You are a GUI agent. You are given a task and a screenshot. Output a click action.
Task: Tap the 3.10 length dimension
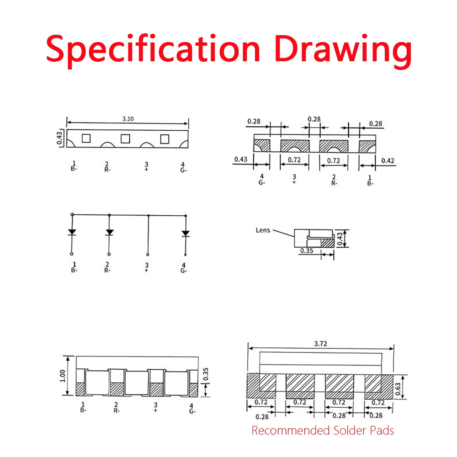[128, 119]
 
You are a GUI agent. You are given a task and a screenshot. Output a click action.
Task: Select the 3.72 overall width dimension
[321, 344]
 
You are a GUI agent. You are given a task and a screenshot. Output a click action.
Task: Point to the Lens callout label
[263, 230]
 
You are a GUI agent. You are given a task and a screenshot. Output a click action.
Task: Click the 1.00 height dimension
[62, 376]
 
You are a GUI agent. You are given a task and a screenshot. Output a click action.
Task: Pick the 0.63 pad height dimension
[398, 389]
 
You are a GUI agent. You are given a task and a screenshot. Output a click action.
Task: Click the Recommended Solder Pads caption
[323, 430]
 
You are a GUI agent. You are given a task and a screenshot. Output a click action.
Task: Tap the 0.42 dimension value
[388, 160]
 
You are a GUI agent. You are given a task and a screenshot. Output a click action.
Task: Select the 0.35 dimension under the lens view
[307, 250]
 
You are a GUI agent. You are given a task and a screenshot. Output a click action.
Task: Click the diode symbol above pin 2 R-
[109, 232]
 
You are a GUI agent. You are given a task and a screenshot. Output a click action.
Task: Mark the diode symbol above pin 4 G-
[186, 234]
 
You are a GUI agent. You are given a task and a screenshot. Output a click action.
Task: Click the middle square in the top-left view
[125, 138]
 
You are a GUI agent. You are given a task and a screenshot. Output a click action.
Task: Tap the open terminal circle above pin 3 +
[148, 255]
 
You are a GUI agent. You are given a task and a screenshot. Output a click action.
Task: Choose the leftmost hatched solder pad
[261, 386]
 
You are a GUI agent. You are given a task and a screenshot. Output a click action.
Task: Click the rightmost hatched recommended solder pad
[379, 387]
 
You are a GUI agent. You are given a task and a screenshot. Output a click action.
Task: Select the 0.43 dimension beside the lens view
[340, 239]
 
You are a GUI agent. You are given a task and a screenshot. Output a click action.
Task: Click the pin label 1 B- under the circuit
[74, 267]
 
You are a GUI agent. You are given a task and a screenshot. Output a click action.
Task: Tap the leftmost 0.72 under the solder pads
[261, 402]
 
